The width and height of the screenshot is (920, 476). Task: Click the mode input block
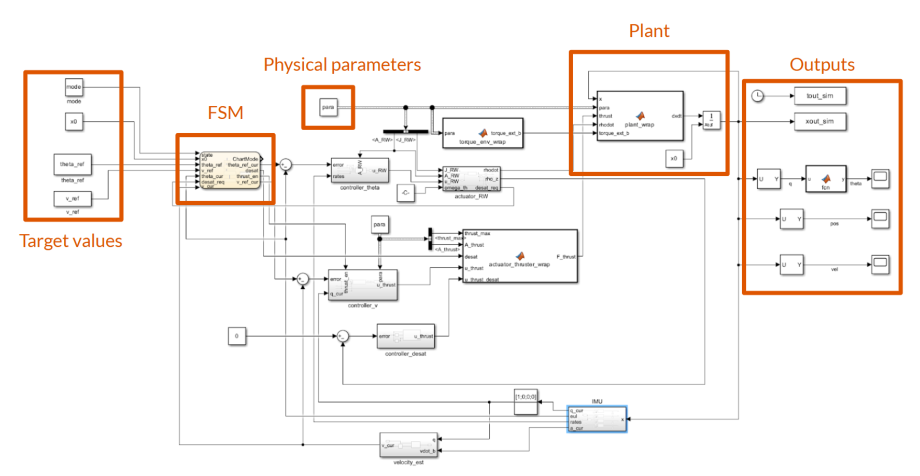click(x=74, y=87)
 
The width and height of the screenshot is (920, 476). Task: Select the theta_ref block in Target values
click(x=73, y=164)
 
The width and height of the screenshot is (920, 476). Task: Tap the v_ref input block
click(x=73, y=199)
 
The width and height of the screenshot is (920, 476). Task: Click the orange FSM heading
click(x=225, y=113)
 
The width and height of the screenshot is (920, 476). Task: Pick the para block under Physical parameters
click(x=328, y=107)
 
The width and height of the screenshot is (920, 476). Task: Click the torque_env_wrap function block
click(x=483, y=133)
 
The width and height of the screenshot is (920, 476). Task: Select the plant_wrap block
click(x=640, y=116)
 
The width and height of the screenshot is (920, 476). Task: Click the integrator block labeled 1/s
click(x=711, y=120)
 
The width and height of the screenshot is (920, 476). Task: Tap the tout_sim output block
click(x=819, y=96)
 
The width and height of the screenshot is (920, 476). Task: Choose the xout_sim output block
click(x=819, y=121)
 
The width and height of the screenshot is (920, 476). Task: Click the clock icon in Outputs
click(x=758, y=96)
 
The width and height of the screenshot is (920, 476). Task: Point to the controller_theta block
click(x=360, y=171)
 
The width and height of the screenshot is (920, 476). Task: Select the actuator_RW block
click(x=471, y=179)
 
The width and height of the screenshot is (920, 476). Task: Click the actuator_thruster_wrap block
click(x=519, y=257)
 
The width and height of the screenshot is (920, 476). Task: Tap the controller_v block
click(x=363, y=285)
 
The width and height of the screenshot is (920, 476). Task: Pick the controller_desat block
click(x=405, y=337)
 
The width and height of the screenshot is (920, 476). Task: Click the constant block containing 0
click(x=237, y=336)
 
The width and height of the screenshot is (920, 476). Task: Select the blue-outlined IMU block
click(x=597, y=419)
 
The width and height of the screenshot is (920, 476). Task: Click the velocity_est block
click(x=408, y=445)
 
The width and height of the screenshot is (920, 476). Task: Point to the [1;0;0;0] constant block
click(x=526, y=402)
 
